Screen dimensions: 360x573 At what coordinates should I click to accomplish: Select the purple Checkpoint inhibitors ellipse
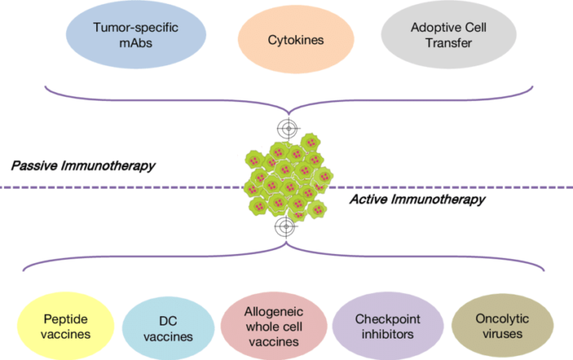coord(384,326)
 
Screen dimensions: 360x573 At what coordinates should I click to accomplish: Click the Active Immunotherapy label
coord(417,199)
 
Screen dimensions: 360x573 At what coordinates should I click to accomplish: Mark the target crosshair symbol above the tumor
coord(286,128)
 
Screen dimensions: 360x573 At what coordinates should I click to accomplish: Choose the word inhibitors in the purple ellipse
coord(384,334)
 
